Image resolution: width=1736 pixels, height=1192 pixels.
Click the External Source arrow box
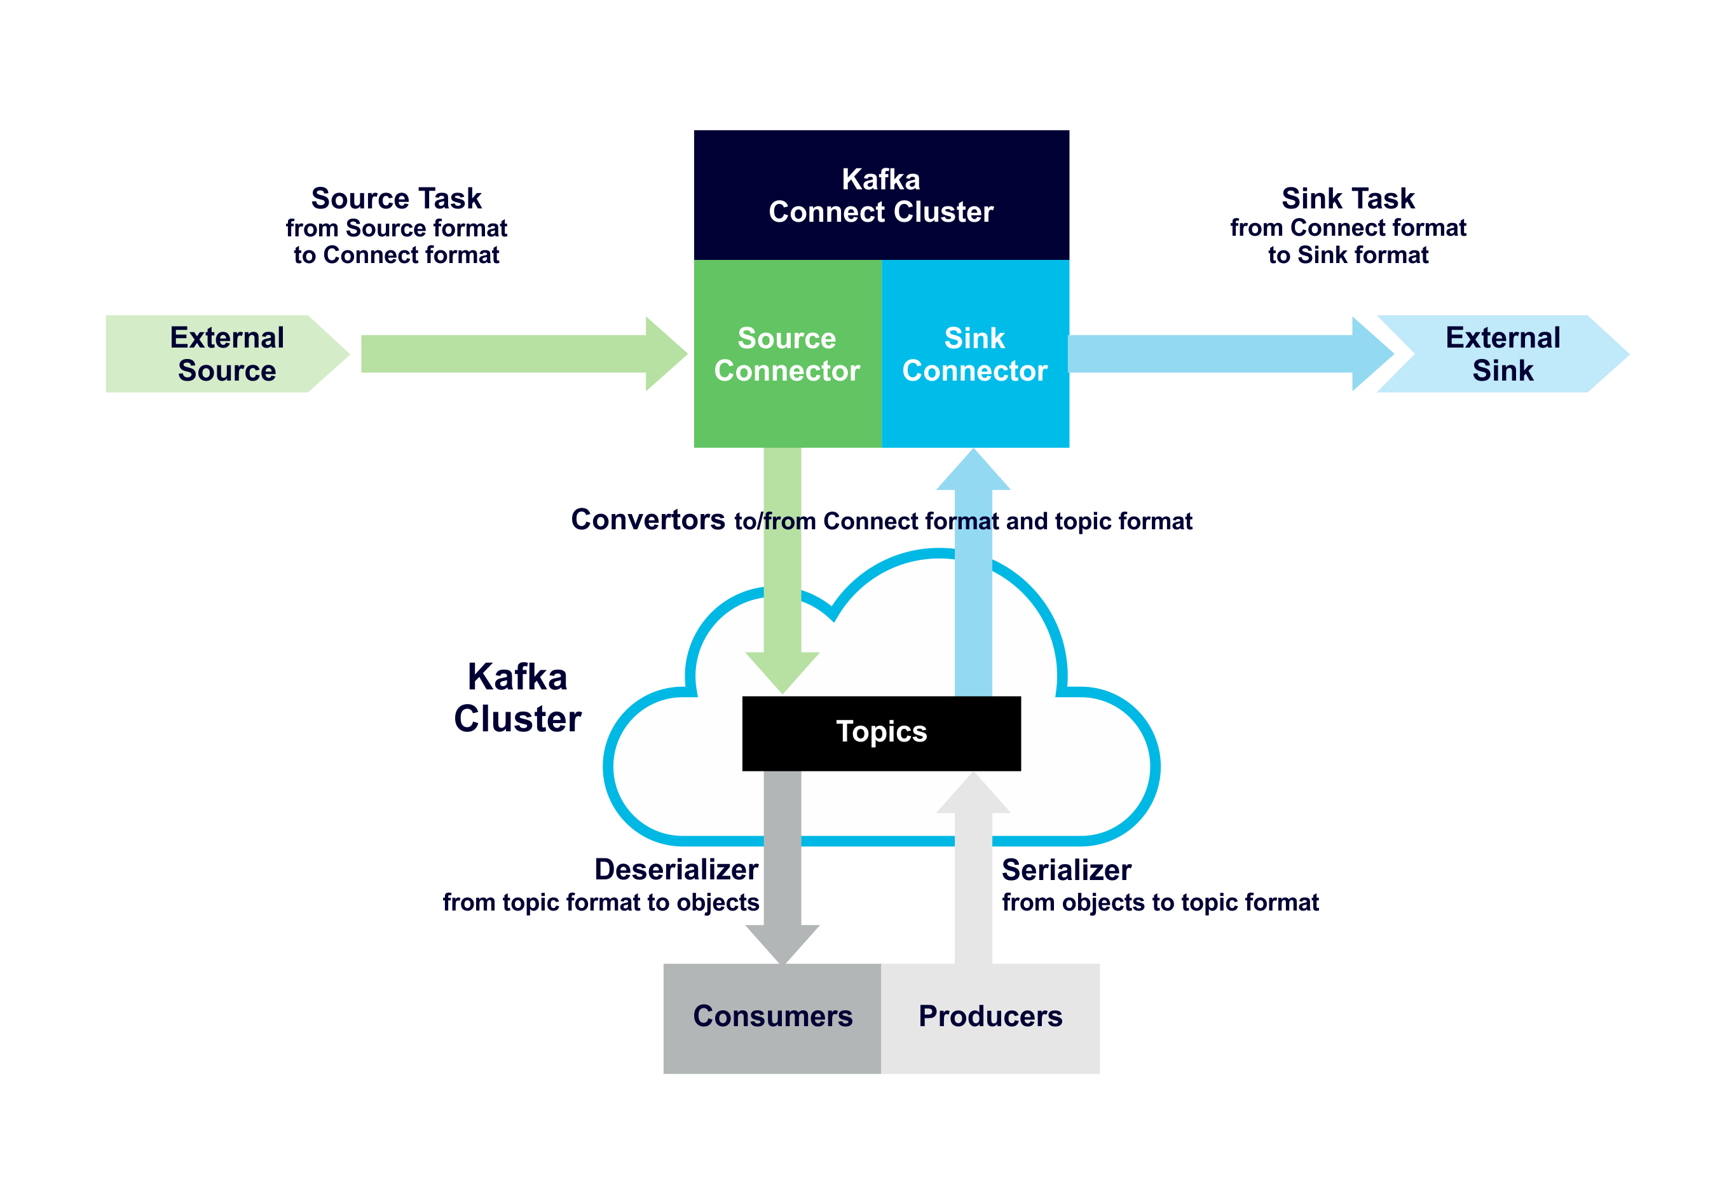tap(224, 353)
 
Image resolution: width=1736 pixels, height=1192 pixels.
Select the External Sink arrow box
tap(1501, 353)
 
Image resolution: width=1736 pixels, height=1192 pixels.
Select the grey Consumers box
tap(772, 1017)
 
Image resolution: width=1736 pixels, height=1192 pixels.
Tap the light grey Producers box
tap(990, 1017)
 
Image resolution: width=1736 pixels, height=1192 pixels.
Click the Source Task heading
tap(396, 199)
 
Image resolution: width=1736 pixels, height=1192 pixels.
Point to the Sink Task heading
tap(1348, 199)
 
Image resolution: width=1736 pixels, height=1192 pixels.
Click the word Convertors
tap(648, 520)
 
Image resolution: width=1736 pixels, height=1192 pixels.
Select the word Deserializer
tap(676, 869)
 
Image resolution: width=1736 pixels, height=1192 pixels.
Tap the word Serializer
tap(1066, 870)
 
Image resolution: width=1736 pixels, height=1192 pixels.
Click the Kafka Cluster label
tap(517, 698)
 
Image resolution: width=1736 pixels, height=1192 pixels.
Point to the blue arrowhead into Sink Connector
tap(973, 471)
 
